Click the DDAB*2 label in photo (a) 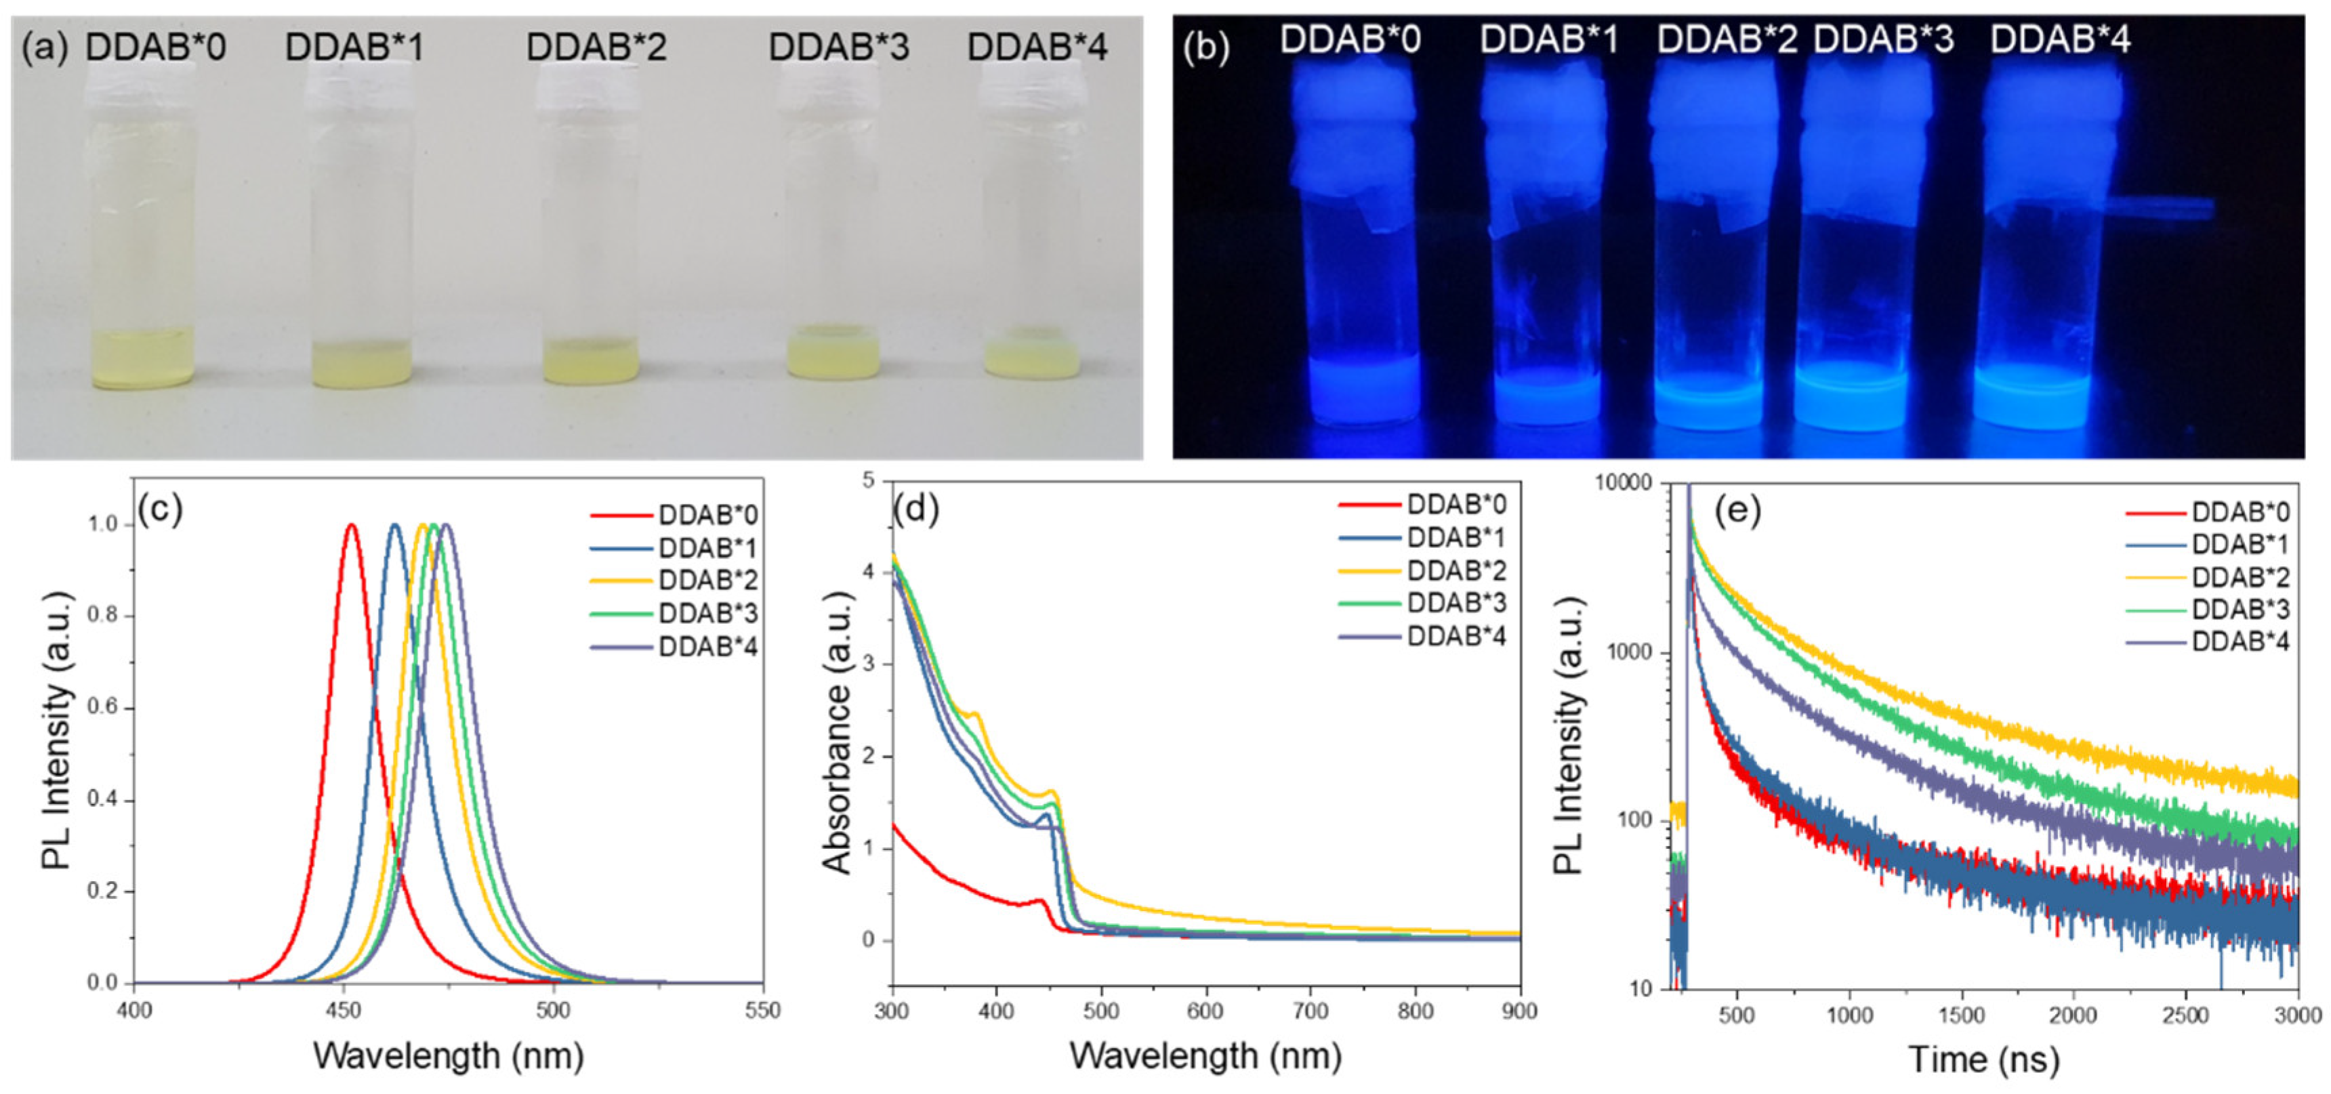pos(596,46)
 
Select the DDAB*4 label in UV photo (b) pos(2061,40)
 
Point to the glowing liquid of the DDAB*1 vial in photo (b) pos(1548,398)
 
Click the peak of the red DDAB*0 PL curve pos(351,525)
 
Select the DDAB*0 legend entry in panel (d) pos(1456,504)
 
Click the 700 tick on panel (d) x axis pos(1311,1011)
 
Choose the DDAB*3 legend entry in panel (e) pos(2240,609)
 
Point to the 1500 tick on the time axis pos(1961,1015)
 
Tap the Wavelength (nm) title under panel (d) pos(1205,1055)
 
